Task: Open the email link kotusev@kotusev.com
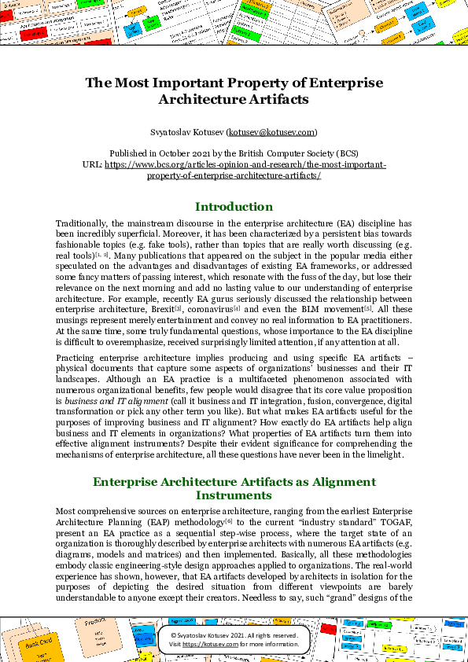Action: coord(271,132)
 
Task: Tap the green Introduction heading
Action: coord(234,207)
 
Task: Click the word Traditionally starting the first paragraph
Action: coord(81,223)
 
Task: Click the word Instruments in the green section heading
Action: coord(234,495)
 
